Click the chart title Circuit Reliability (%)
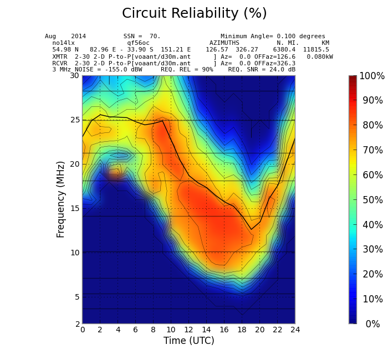(x=194, y=14)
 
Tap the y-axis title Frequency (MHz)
(x=61, y=199)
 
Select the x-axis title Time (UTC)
(x=188, y=341)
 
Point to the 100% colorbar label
(x=372, y=76)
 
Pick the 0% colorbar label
(x=372, y=324)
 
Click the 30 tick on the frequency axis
(x=74, y=76)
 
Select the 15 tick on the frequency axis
(x=74, y=208)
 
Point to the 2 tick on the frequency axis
(x=76, y=323)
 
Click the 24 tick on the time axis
(x=295, y=330)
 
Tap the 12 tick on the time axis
(x=188, y=330)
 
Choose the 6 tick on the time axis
(x=135, y=330)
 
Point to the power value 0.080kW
(x=320, y=56)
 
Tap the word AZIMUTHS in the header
(x=224, y=43)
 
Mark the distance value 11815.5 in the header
(x=315, y=50)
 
